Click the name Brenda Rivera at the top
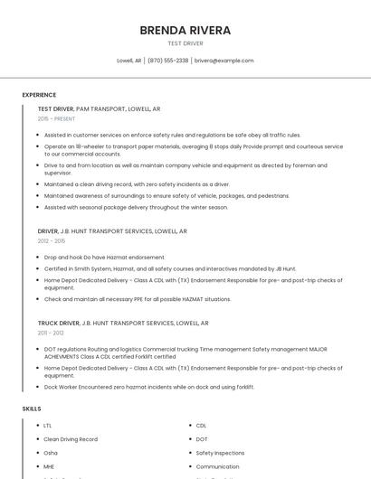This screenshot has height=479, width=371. click(x=185, y=30)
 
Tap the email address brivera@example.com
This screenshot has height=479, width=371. click(x=224, y=61)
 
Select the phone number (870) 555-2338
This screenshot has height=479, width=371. click(x=167, y=61)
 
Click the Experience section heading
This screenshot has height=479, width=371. click(x=39, y=95)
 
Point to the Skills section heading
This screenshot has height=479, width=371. click(x=32, y=409)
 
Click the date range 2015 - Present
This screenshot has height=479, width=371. click(x=56, y=118)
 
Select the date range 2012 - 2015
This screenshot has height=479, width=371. click(x=52, y=241)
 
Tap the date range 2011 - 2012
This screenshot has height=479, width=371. click(x=51, y=333)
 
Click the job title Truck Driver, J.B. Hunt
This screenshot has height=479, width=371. click(x=123, y=323)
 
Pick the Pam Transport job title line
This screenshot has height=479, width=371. click(x=100, y=108)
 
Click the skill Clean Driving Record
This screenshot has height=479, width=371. click(x=71, y=439)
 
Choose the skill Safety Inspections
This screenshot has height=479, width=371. click(x=220, y=453)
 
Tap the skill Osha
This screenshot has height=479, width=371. click(x=51, y=453)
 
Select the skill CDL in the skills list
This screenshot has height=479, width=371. click(x=201, y=426)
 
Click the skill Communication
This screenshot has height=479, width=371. click(x=218, y=466)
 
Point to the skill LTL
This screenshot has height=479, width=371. click(x=48, y=426)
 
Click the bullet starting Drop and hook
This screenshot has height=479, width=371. click(x=104, y=258)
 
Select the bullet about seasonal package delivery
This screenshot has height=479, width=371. click(x=136, y=207)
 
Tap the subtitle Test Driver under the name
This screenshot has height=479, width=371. click(x=185, y=43)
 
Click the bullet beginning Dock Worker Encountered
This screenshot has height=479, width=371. click(x=148, y=387)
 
